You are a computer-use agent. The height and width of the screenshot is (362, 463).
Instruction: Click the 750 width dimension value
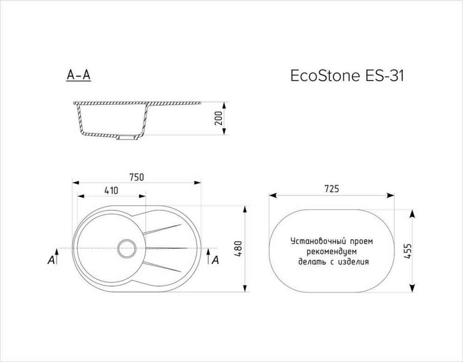pyautogui.click(x=137, y=177)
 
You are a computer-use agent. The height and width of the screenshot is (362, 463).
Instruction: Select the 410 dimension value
pyautogui.click(x=111, y=191)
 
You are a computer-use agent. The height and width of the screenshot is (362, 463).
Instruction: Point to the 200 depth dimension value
pyautogui.click(x=219, y=119)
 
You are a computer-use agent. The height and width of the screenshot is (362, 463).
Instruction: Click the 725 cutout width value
pyautogui.click(x=332, y=189)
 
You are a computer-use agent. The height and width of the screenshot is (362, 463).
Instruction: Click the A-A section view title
pyautogui.click(x=78, y=76)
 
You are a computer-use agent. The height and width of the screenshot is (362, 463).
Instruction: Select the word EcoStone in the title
pyautogui.click(x=325, y=76)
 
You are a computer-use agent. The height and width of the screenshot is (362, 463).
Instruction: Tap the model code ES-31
pyautogui.click(x=384, y=76)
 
